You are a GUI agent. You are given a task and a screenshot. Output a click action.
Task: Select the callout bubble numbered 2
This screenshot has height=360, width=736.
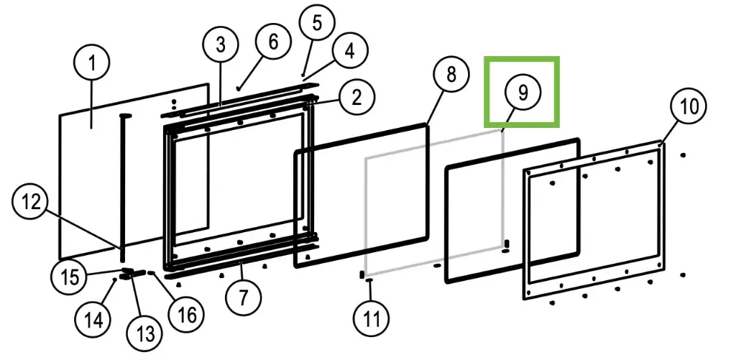[x=356, y=97]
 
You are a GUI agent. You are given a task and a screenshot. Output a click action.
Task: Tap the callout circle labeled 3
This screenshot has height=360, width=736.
[x=221, y=45]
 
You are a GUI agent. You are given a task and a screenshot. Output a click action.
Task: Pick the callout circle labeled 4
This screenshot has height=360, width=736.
[x=349, y=52]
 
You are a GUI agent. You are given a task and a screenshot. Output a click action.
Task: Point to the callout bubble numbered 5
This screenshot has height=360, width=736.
[x=317, y=23]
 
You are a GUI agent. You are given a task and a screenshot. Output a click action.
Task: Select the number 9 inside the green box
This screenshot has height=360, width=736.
[x=522, y=92]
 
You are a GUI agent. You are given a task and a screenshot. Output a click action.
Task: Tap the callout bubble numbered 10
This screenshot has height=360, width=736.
[x=689, y=107]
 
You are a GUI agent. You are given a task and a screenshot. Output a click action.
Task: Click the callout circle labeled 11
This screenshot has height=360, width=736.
[x=372, y=316]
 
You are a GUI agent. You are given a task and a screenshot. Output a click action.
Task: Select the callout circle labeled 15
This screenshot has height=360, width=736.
[x=70, y=276]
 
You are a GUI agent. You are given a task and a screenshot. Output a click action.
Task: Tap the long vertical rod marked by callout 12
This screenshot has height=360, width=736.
[x=123, y=187]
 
